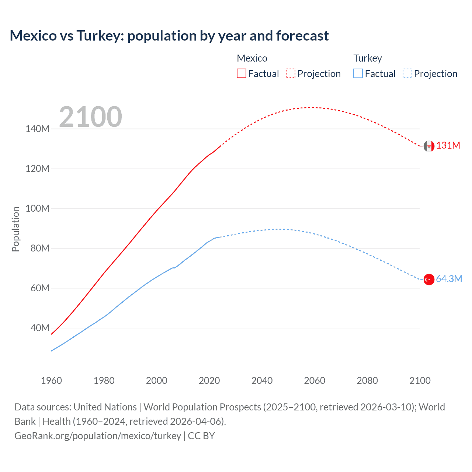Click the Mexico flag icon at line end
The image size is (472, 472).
coord(428,146)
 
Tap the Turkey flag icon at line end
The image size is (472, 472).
coord(428,280)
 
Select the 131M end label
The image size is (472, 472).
coord(448,145)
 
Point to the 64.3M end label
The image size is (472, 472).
coord(449,279)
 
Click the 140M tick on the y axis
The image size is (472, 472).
coord(37,129)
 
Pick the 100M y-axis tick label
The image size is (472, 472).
coord(37,208)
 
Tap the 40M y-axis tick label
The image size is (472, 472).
coord(39,328)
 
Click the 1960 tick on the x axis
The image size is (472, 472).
coord(51,381)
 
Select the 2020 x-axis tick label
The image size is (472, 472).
coord(209,381)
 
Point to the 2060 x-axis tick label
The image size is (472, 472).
coord(315,381)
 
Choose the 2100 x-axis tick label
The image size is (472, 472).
coord(420,381)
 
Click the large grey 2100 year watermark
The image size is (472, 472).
coord(90,117)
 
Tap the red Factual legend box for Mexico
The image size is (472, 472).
coord(241,73)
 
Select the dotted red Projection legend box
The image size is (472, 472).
coord(291,73)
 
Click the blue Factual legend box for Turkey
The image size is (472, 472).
coord(358,73)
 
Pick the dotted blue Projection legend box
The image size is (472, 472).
coord(407,73)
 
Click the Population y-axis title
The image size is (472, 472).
coord(15,229)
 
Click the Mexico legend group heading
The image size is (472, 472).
coord(252,58)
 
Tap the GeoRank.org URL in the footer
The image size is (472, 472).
coord(98,436)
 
